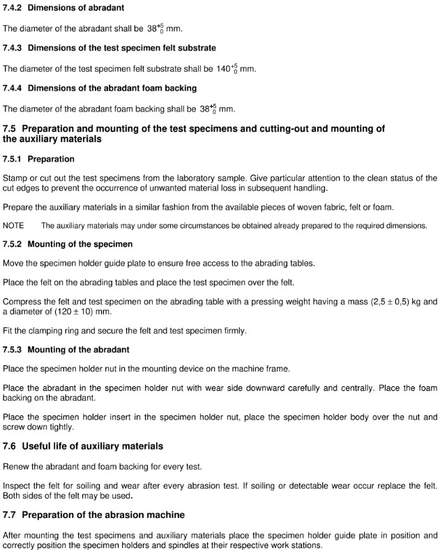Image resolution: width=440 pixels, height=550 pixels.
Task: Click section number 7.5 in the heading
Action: point(10,128)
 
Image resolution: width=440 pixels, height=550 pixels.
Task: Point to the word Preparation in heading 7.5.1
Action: point(51,159)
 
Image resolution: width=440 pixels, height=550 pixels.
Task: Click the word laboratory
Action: point(218,178)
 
